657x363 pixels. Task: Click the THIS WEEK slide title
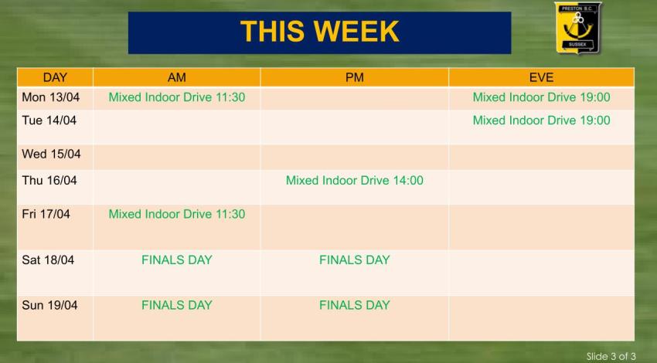pyautogui.click(x=319, y=32)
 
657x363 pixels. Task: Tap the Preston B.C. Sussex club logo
pyautogui.click(x=577, y=28)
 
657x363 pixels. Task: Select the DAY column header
pyautogui.click(x=55, y=77)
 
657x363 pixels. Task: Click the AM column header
pyautogui.click(x=176, y=77)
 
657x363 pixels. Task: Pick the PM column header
pyautogui.click(x=354, y=77)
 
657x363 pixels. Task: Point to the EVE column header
pyautogui.click(x=541, y=77)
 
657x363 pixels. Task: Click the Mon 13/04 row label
pyautogui.click(x=50, y=97)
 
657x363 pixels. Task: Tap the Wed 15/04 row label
pyautogui.click(x=51, y=154)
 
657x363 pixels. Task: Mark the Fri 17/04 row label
pyautogui.click(x=46, y=214)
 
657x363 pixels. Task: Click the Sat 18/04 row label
pyautogui.click(x=48, y=260)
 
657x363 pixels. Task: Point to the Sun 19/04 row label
pyautogui.click(x=49, y=306)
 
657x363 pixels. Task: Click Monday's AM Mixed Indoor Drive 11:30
pyautogui.click(x=176, y=97)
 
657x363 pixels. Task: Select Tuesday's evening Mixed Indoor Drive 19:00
pyautogui.click(x=541, y=120)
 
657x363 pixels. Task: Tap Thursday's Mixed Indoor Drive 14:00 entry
pyautogui.click(x=354, y=181)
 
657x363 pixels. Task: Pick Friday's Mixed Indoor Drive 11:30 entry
pyautogui.click(x=176, y=214)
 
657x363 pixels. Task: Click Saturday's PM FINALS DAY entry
pyautogui.click(x=354, y=260)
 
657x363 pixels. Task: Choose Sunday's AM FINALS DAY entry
pyautogui.click(x=176, y=306)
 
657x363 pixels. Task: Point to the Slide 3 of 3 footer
pyautogui.click(x=611, y=356)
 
